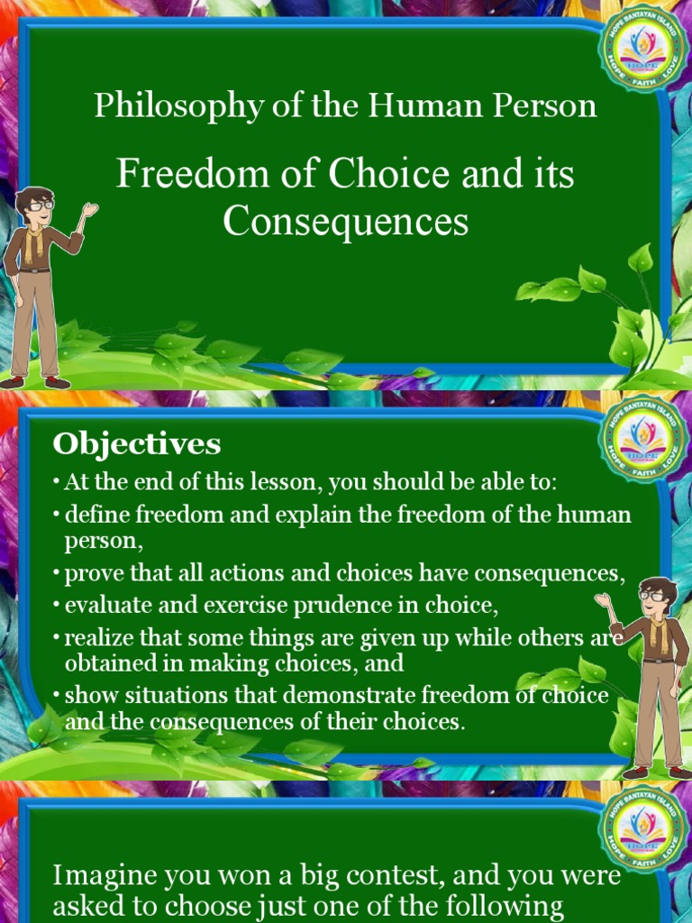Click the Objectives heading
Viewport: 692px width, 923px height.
[x=136, y=443]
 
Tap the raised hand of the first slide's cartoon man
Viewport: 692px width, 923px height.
[x=89, y=209]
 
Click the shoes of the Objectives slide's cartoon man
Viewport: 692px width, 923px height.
[x=657, y=772]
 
